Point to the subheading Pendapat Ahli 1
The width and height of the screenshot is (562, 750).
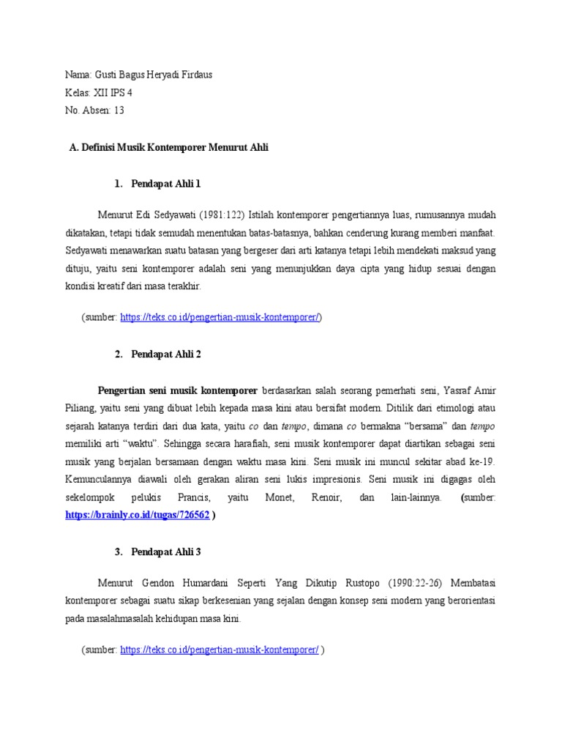point(165,182)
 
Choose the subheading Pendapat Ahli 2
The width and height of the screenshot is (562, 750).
point(165,354)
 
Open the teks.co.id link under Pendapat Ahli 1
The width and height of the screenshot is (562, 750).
point(220,317)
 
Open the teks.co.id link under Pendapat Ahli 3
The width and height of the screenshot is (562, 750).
point(220,650)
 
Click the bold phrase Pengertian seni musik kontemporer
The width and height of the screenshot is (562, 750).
point(177,390)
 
